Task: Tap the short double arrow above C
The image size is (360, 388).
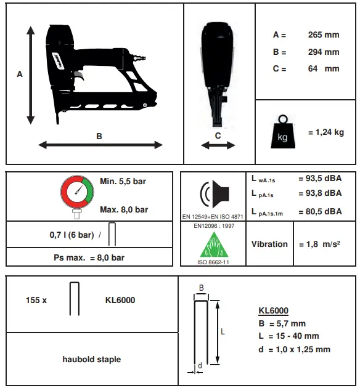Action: pyautogui.click(x=218, y=145)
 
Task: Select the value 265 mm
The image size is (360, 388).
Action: pyautogui.click(x=323, y=35)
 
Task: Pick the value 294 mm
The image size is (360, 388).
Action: pyautogui.click(x=323, y=52)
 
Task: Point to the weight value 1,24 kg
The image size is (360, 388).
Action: pyautogui.click(x=325, y=132)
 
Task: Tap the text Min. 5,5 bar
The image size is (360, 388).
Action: pyautogui.click(x=123, y=182)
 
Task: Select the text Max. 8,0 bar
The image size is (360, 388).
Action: pyautogui.click(x=123, y=210)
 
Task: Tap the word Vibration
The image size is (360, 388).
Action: pyautogui.click(x=269, y=244)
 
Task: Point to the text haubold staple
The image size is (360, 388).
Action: pyautogui.click(x=92, y=359)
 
